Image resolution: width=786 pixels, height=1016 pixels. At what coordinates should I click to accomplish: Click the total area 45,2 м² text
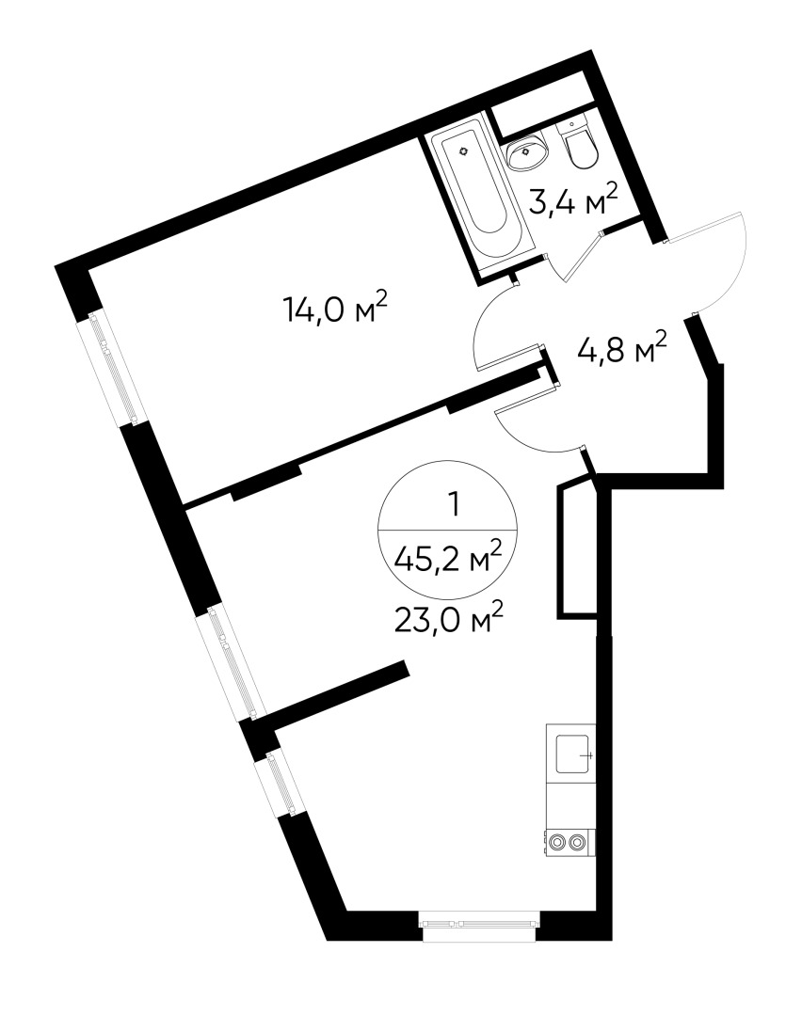tap(447, 558)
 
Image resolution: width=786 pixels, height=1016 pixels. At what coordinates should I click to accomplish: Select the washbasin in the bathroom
tap(526, 151)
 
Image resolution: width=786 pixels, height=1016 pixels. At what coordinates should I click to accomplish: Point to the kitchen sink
tap(572, 754)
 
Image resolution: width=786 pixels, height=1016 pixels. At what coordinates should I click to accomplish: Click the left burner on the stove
tap(556, 842)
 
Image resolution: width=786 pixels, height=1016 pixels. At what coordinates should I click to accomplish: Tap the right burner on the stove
tap(577, 842)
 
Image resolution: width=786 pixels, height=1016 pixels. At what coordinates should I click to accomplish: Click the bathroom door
tap(584, 257)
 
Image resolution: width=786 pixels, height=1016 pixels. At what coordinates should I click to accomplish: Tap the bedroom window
tap(109, 367)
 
